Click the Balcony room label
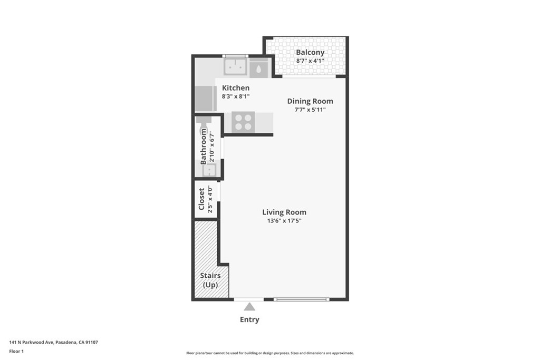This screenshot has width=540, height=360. [310, 52]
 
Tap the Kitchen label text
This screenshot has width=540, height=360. [236, 88]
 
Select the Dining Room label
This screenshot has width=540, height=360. [310, 101]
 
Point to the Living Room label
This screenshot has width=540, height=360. [284, 212]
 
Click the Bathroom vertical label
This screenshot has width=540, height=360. [204, 147]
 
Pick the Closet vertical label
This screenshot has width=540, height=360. [201, 199]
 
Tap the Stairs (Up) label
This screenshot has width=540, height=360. [210, 280]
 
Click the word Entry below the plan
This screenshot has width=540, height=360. [249, 319]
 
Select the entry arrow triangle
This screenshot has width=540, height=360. [249, 307]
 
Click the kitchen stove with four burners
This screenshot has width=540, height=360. [243, 122]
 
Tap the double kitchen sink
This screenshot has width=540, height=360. [235, 67]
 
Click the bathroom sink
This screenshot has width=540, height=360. [209, 170]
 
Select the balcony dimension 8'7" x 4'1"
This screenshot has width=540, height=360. [310, 61]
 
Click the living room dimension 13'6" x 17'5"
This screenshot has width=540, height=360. [284, 221]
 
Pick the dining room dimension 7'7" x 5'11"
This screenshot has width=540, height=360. [310, 110]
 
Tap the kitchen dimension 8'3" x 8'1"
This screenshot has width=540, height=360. [236, 96]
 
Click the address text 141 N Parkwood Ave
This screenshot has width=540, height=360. [31, 342]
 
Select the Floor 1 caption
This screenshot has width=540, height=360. [16, 352]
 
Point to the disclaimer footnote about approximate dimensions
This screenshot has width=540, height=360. [270, 353]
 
